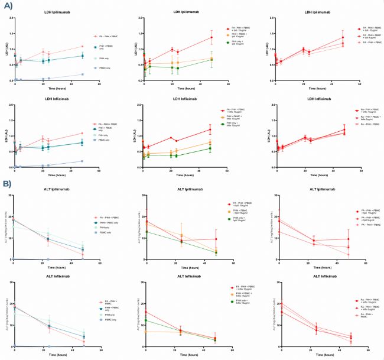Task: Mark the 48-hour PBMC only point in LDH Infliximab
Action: coord(83,161)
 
